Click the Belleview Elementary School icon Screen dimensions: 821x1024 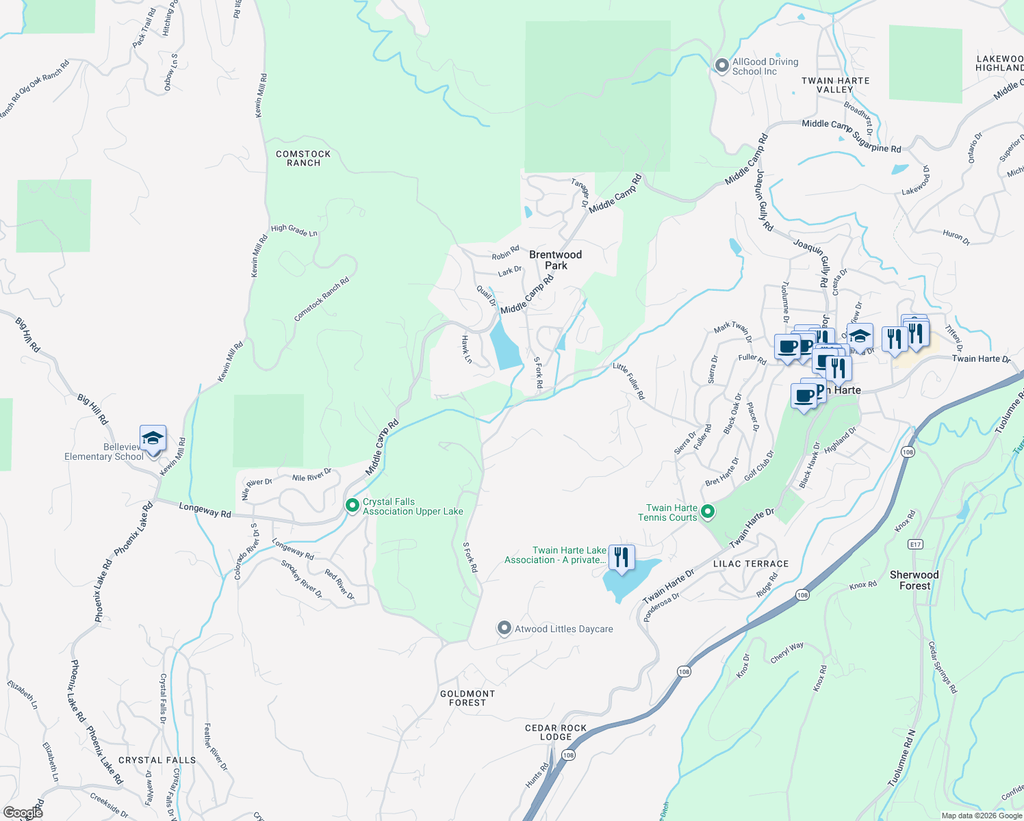pyautogui.click(x=153, y=439)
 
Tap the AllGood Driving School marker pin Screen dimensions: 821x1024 pyautogui.click(x=721, y=66)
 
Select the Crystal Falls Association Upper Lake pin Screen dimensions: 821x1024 pyautogui.click(x=353, y=506)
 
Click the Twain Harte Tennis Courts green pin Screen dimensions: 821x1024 pyautogui.click(x=708, y=512)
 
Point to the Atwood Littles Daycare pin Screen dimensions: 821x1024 pyautogui.click(x=504, y=628)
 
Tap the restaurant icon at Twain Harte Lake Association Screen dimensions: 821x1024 pyautogui.click(x=621, y=556)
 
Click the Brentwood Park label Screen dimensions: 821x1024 pyautogui.click(x=555, y=260)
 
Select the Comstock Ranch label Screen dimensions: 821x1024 pyautogui.click(x=303, y=158)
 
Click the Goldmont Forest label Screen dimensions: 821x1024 pyautogui.click(x=468, y=698)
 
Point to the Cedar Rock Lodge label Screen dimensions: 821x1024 pyautogui.click(x=556, y=732)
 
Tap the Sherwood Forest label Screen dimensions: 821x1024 pyautogui.click(x=914, y=580)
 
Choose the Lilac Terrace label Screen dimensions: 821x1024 pyautogui.click(x=751, y=564)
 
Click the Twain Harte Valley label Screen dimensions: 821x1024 pyautogui.click(x=836, y=85)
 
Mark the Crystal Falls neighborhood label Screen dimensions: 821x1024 pyautogui.click(x=157, y=760)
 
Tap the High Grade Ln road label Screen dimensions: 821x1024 pyautogui.click(x=294, y=231)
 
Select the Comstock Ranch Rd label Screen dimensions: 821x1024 pyautogui.click(x=322, y=299)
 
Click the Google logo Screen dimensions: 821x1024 pyautogui.click(x=23, y=813)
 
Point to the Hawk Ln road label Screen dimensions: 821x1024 pyautogui.click(x=466, y=349)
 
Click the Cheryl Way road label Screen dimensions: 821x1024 pyautogui.click(x=787, y=652)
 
